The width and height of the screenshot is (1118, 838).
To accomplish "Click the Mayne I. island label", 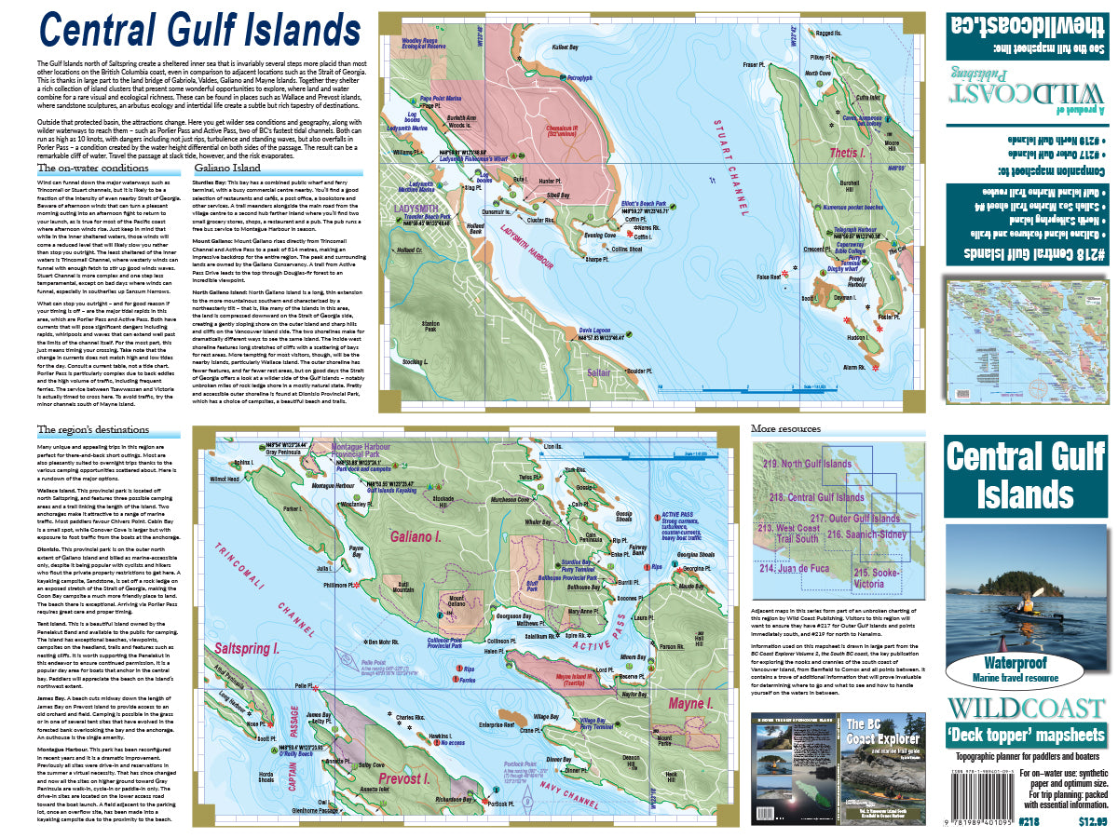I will tap(691, 704).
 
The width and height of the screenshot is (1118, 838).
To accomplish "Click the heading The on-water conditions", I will tap(92, 169).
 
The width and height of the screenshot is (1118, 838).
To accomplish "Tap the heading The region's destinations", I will tap(93, 430).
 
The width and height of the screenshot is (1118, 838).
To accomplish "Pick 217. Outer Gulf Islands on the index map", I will tap(854, 518).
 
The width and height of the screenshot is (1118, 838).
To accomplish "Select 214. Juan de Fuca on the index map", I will tap(794, 567).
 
